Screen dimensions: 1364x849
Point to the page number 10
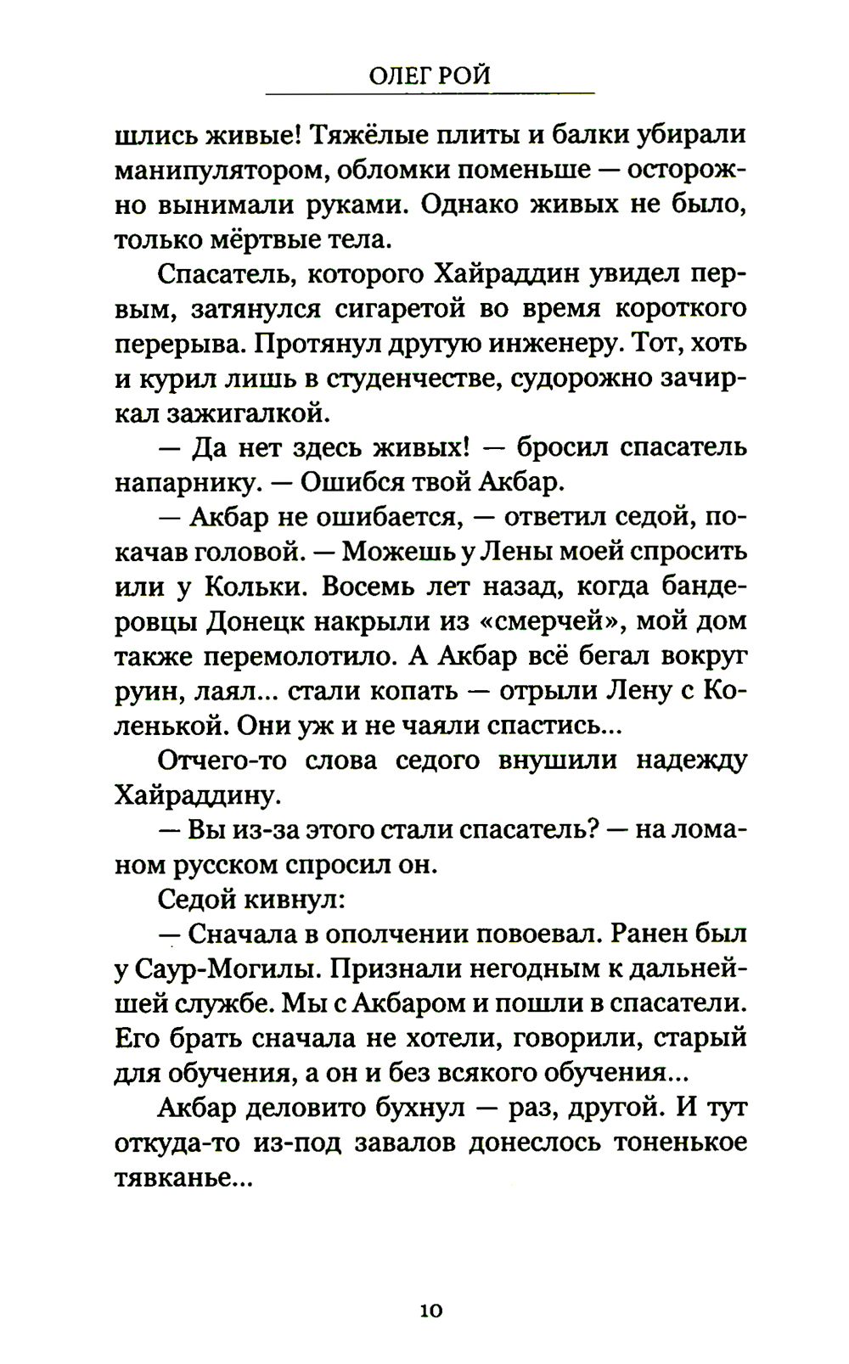click(430, 1311)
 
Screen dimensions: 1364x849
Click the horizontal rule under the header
click(430, 93)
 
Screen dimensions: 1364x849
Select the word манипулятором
click(219, 171)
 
